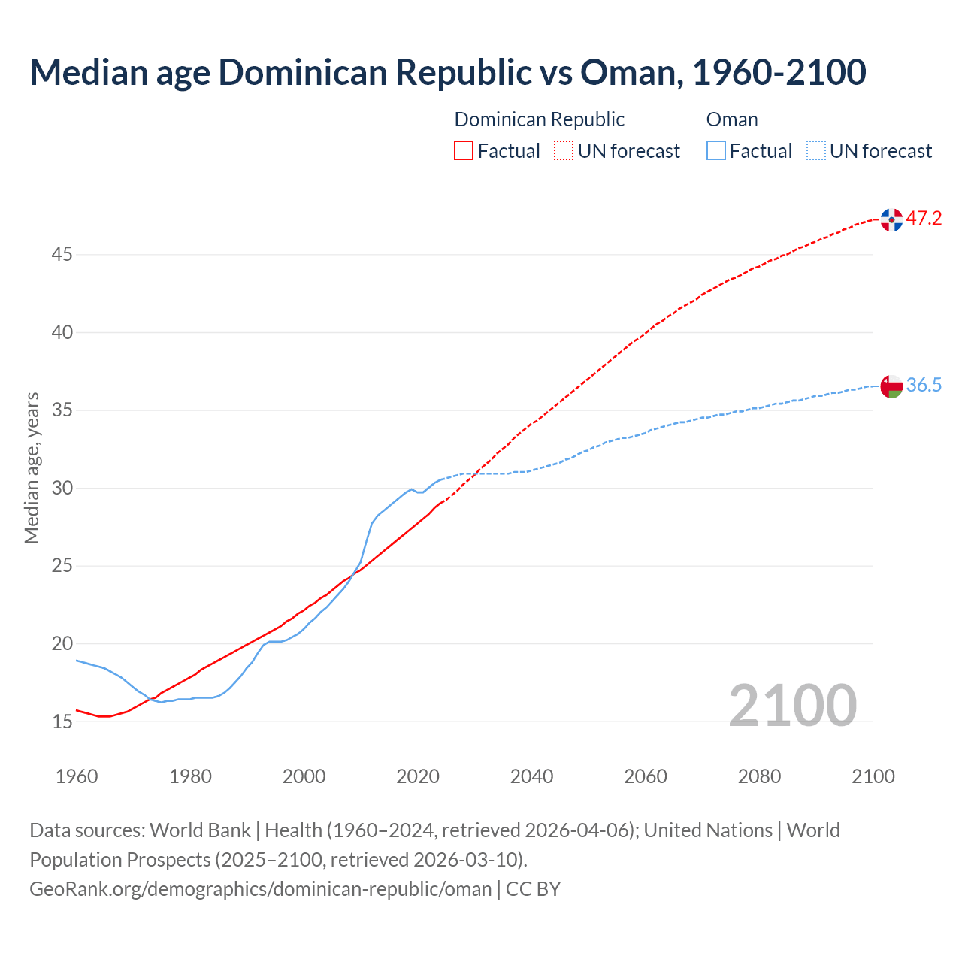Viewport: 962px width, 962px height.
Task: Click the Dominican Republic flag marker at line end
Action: [x=891, y=219]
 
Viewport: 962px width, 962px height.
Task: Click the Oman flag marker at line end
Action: [x=891, y=386]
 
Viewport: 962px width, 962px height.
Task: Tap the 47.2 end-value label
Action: [x=924, y=219]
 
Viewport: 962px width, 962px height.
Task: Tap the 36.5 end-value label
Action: [x=924, y=386]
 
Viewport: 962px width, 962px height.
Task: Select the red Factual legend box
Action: [x=464, y=150]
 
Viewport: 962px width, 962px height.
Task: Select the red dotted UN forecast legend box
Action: [x=564, y=150]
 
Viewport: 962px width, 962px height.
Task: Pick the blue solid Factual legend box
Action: [x=716, y=150]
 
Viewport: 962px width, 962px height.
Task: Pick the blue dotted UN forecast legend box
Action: [x=815, y=150]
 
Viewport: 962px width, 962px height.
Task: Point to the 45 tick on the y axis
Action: [x=62, y=255]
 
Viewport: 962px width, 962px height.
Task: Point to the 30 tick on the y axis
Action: [x=62, y=489]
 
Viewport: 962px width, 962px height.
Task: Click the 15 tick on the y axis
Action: [x=62, y=722]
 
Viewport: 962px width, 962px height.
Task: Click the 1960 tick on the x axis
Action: [x=77, y=776]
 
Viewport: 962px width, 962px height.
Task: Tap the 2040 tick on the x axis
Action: [x=531, y=776]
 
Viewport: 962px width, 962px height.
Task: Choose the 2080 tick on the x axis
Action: [x=759, y=776]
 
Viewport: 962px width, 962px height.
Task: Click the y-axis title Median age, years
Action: [x=32, y=467]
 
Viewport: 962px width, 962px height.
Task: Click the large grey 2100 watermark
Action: [x=792, y=705]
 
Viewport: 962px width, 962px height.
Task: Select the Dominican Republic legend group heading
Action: [x=539, y=119]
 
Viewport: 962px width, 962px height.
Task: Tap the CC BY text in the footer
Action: [x=533, y=889]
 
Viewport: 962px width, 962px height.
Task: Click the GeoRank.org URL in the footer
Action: [x=260, y=889]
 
